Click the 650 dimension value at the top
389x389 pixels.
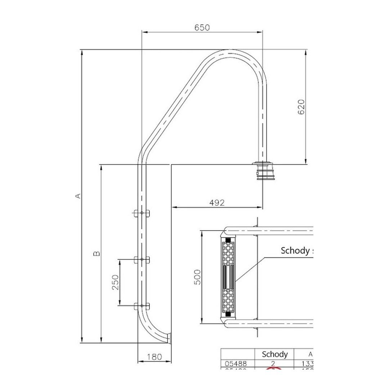202,27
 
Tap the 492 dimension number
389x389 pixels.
217,203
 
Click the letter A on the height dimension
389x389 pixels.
77,196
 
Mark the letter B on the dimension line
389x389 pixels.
97,254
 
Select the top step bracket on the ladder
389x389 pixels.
142,213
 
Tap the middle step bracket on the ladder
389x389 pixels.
142,259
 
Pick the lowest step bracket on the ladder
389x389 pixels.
142,306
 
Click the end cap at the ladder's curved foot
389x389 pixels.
169,338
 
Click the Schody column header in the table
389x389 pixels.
274,354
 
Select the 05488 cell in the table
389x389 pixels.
236,363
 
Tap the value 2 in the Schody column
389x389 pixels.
273,363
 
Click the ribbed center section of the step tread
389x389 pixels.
228,277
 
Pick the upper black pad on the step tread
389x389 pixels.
228,240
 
